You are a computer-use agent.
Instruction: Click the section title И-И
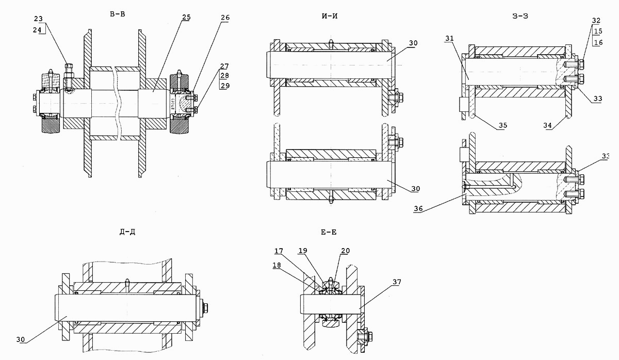coord(329,16)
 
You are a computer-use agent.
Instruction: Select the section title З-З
coord(519,16)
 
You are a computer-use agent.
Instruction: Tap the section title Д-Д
coord(127,232)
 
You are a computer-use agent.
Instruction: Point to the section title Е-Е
coord(329,233)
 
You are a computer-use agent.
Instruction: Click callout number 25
coord(186,17)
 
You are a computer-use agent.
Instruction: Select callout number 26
coord(225,17)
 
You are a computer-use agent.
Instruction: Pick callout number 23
coord(39,19)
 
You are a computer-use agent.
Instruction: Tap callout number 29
coord(225,85)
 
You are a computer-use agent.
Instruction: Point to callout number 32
coord(596,20)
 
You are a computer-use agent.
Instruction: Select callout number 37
coord(396,282)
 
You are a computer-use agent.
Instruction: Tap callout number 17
coord(279,251)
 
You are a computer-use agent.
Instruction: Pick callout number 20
coord(345,251)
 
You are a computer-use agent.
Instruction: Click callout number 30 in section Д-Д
coord(20,339)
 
